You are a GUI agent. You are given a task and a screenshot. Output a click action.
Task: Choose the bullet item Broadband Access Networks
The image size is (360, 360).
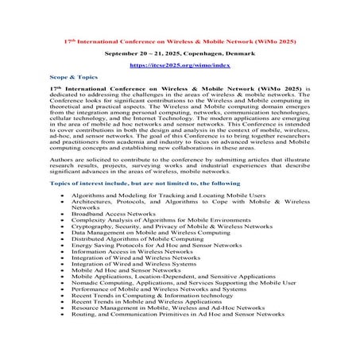click(x=113, y=214)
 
